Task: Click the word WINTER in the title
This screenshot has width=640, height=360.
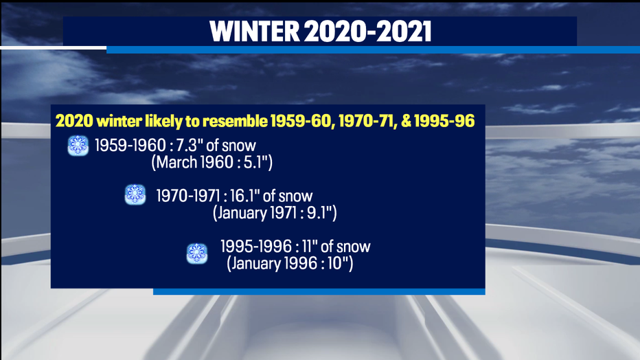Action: [255, 32]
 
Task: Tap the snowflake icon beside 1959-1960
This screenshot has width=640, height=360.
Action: [78, 146]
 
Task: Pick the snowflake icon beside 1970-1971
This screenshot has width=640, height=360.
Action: [135, 194]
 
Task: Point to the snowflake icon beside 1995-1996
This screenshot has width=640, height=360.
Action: [197, 254]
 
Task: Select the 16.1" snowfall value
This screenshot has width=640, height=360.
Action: [244, 196]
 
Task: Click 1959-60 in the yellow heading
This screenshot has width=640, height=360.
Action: [300, 121]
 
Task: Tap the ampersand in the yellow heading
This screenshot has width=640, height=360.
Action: [406, 121]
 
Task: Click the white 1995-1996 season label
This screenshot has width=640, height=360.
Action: [256, 247]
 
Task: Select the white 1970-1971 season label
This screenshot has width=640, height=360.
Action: [189, 196]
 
